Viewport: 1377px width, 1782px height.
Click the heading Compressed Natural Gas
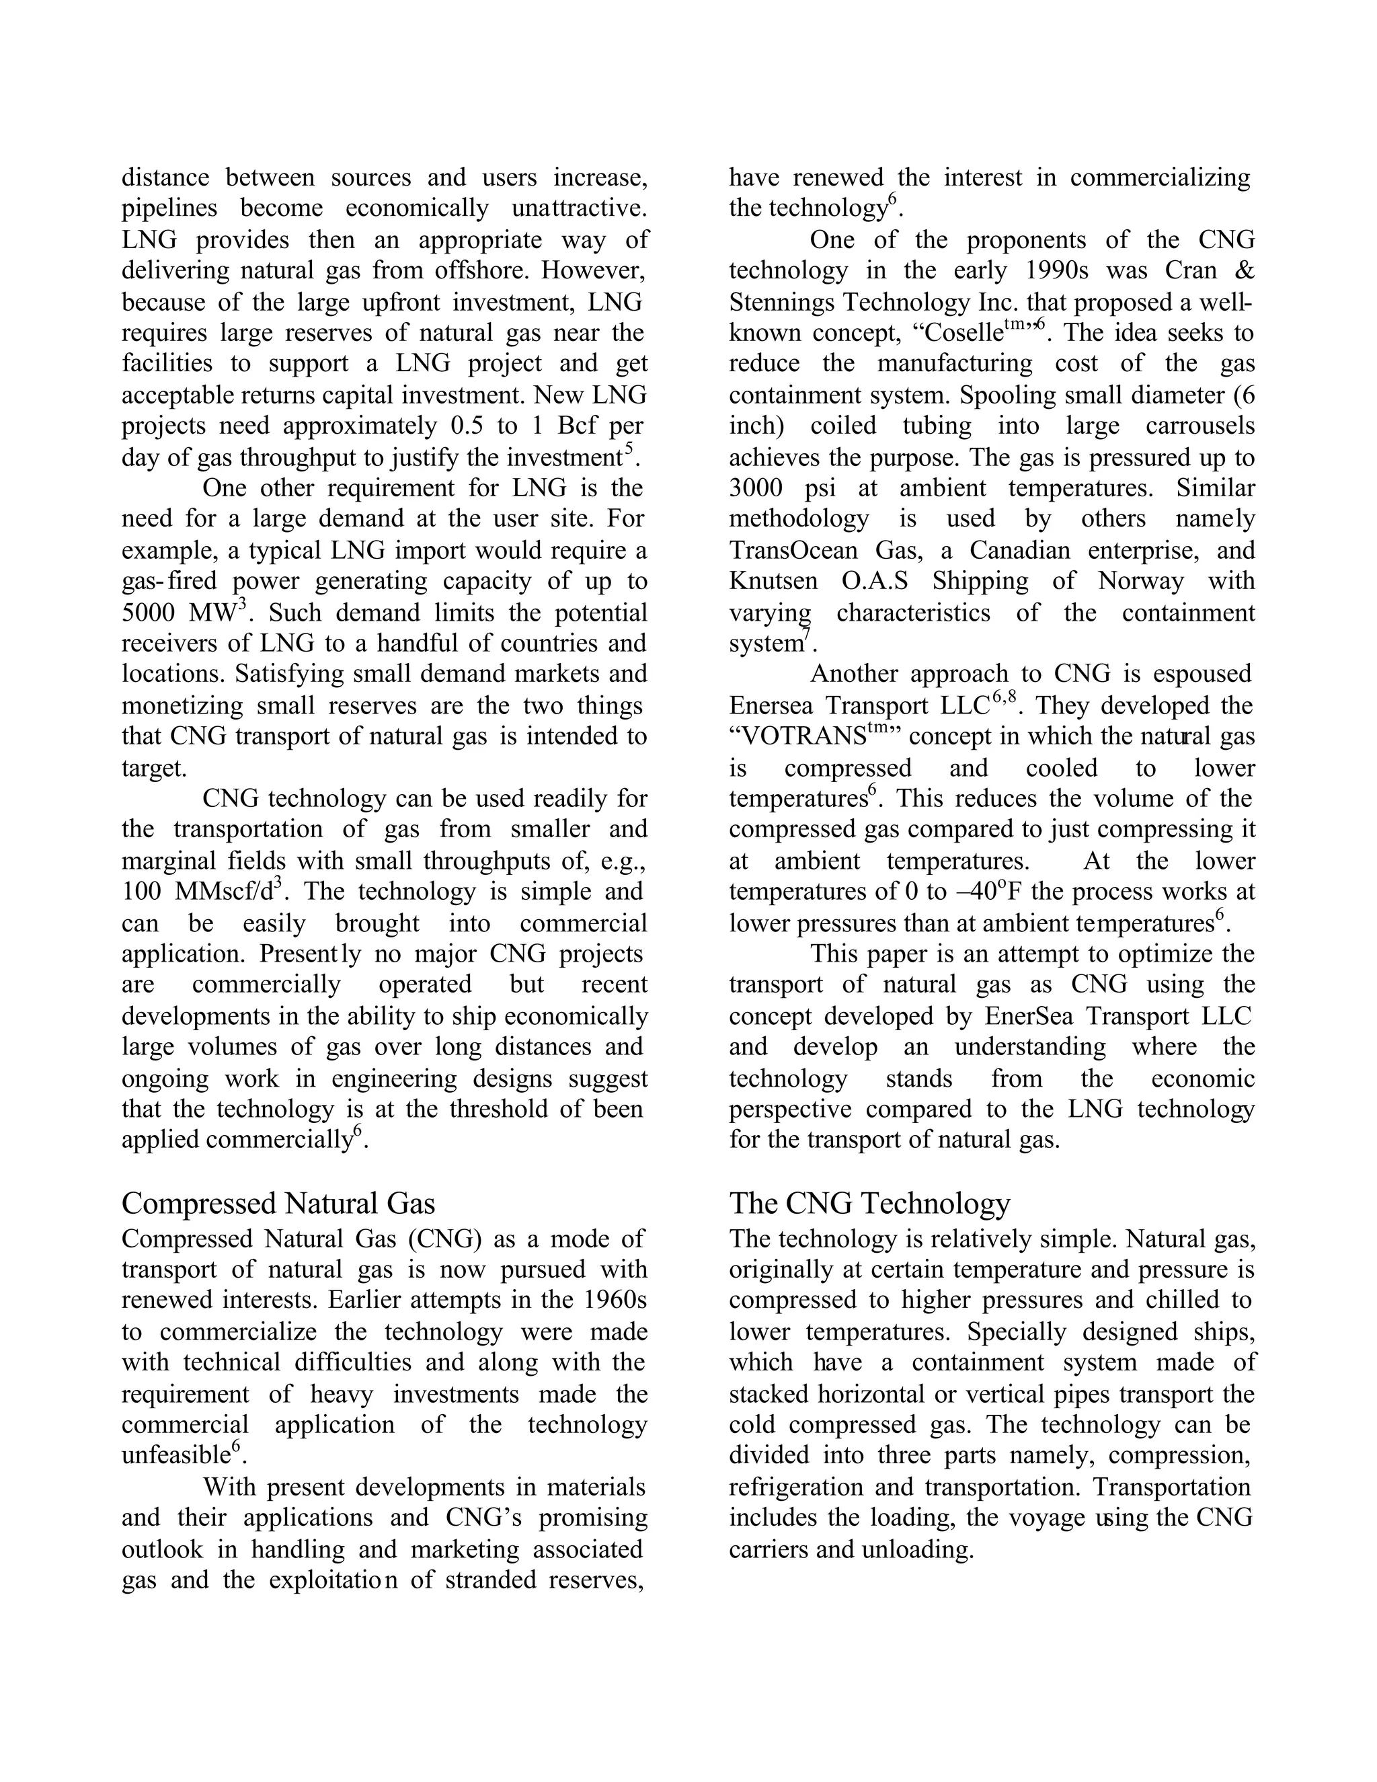click(x=278, y=1204)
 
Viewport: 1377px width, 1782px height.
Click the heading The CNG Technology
click(x=869, y=1204)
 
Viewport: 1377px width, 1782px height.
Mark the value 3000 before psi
click(x=756, y=489)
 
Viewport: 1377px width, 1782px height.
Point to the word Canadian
click(x=1020, y=551)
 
